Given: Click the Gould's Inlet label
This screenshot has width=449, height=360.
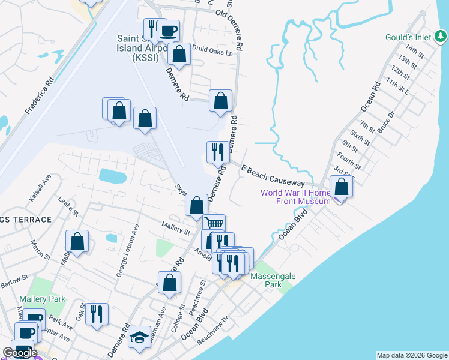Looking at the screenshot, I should coord(413,37).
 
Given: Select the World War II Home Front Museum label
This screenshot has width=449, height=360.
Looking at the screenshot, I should coord(295,197).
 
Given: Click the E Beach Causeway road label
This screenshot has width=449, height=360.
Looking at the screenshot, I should coord(273,176).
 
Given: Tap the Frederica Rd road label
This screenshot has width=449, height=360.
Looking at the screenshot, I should coord(40,95).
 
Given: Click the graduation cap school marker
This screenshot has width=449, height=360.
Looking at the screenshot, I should coord(140,337).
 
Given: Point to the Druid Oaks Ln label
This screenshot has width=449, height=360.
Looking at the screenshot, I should coord(212,52).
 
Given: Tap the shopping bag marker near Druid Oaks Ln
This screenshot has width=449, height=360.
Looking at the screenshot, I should coord(179,55).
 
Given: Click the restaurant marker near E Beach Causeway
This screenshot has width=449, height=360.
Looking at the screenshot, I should coord(217,152).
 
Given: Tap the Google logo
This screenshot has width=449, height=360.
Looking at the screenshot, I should coord(20,353).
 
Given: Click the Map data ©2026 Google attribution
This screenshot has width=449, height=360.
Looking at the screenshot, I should coord(411,355).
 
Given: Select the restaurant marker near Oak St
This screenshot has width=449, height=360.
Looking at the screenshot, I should coord(96,314).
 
